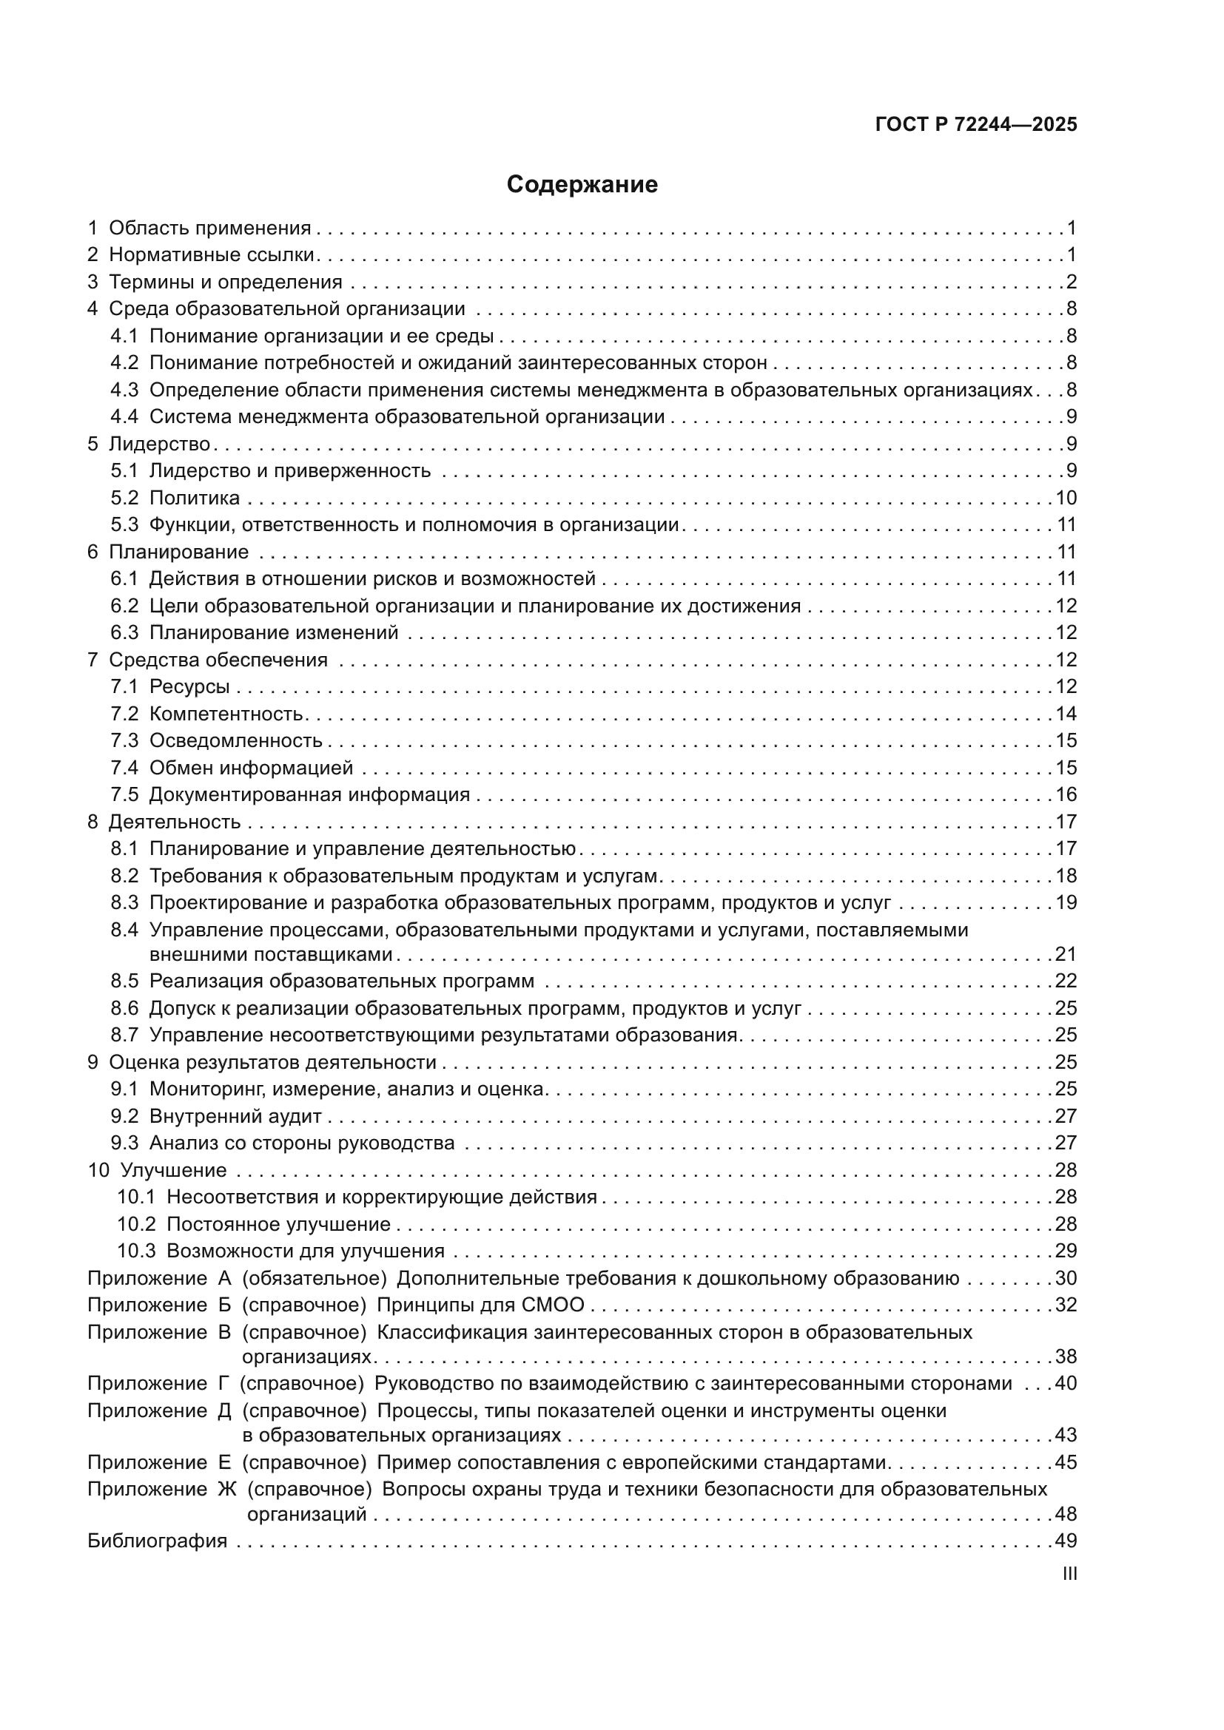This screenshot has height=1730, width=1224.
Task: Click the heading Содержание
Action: point(582,185)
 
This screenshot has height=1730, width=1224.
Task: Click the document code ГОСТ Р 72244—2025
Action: point(976,125)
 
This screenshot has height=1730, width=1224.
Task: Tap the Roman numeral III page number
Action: point(1069,1574)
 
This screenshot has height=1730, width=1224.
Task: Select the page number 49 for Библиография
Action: point(1066,1541)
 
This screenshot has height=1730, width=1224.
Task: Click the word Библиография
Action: point(158,1541)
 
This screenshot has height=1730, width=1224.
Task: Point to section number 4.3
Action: point(124,391)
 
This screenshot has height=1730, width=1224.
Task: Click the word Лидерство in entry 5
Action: point(159,444)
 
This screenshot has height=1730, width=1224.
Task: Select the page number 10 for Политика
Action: point(1066,498)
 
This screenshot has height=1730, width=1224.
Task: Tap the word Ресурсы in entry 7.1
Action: point(189,686)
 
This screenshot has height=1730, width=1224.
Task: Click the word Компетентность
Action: point(226,714)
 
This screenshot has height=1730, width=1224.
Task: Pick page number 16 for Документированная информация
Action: point(1066,795)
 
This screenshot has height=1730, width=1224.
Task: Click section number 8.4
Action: point(124,930)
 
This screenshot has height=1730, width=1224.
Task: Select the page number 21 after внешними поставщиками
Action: point(1066,955)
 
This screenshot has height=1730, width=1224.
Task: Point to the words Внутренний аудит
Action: point(235,1116)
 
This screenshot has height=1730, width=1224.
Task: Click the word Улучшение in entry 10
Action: point(173,1170)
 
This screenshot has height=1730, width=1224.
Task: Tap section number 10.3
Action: point(135,1251)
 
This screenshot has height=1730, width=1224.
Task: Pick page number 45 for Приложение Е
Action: point(1066,1462)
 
